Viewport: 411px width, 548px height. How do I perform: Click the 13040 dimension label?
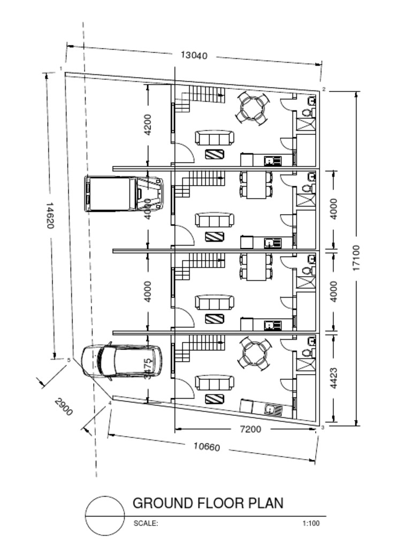[194, 55]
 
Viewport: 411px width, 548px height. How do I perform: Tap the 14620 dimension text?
[49, 215]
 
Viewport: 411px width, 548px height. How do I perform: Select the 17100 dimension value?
[356, 258]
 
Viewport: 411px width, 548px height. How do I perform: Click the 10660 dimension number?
[207, 446]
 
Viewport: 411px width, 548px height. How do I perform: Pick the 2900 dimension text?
[63, 407]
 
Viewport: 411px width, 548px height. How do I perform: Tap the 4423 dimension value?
[334, 378]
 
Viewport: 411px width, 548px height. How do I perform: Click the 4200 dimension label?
[148, 124]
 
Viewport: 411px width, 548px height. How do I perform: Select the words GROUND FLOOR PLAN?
[208, 503]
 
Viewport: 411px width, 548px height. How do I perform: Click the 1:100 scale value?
[311, 523]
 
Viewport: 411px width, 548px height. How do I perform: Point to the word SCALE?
[146, 523]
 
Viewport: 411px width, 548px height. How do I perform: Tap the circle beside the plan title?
[105, 516]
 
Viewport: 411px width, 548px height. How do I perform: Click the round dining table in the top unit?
[253, 108]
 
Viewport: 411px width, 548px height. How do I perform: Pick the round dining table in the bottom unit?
[253, 353]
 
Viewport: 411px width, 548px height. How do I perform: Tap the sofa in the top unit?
[214, 138]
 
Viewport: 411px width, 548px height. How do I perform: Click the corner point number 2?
[324, 89]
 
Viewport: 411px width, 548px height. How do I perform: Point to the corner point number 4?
[110, 403]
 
